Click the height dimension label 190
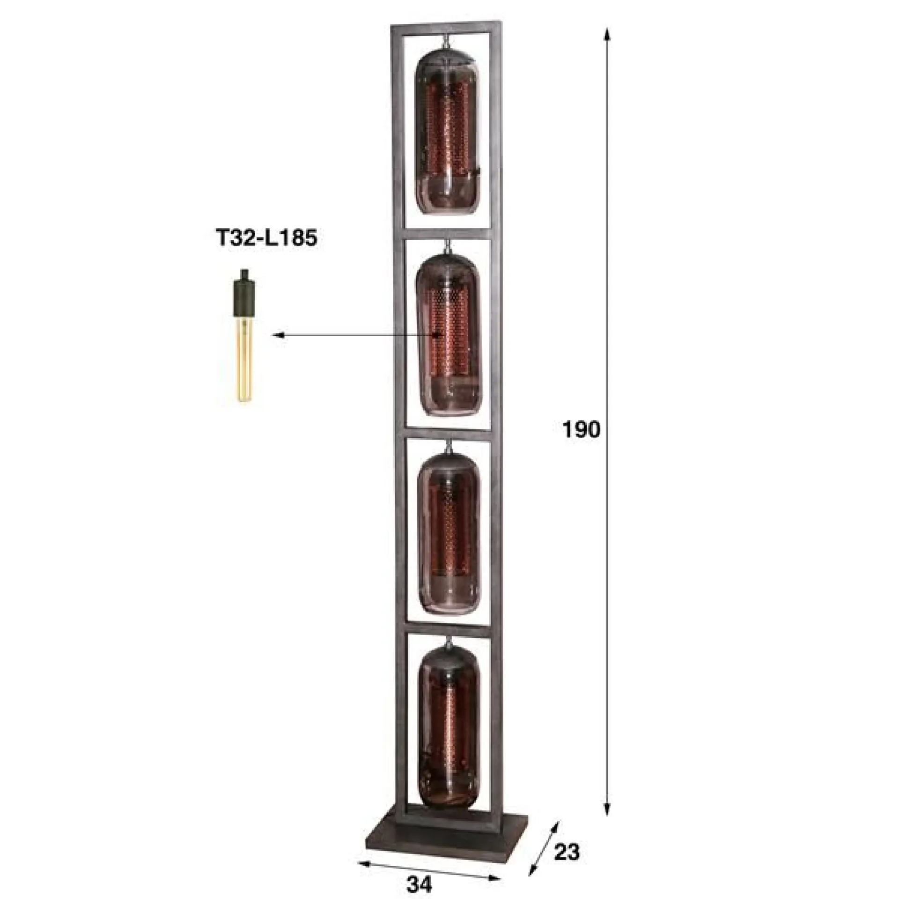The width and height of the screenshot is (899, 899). [x=581, y=429]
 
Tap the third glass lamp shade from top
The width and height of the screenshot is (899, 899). [x=449, y=532]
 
